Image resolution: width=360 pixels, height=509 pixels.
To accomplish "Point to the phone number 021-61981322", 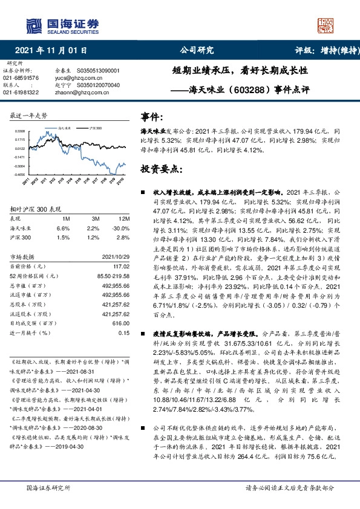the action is tap(21, 92).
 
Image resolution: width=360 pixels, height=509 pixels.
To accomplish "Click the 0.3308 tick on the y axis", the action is tap(20, 131).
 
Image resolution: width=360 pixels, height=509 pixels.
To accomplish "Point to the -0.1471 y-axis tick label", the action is tap(19, 157).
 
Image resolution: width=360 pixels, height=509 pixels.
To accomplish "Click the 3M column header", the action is tap(96, 218).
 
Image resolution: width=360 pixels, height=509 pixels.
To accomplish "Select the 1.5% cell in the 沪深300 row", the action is tap(63, 238).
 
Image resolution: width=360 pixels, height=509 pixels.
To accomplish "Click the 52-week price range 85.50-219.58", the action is tap(113, 276).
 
